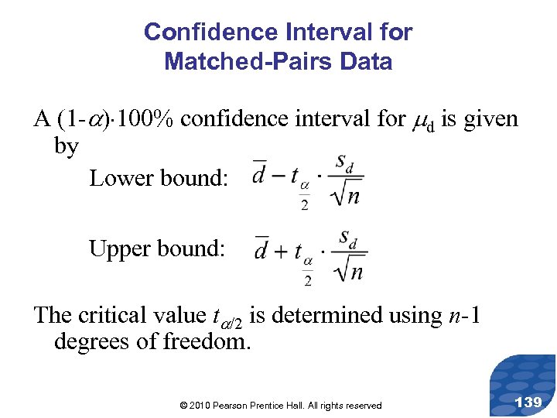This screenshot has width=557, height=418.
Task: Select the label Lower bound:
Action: pyautogui.click(x=159, y=178)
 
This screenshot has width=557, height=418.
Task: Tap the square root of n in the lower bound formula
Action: pyautogui.click(x=347, y=195)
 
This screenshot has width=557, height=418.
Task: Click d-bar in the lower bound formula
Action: pyautogui.click(x=260, y=174)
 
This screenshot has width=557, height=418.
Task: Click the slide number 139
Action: pyautogui.click(x=528, y=402)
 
